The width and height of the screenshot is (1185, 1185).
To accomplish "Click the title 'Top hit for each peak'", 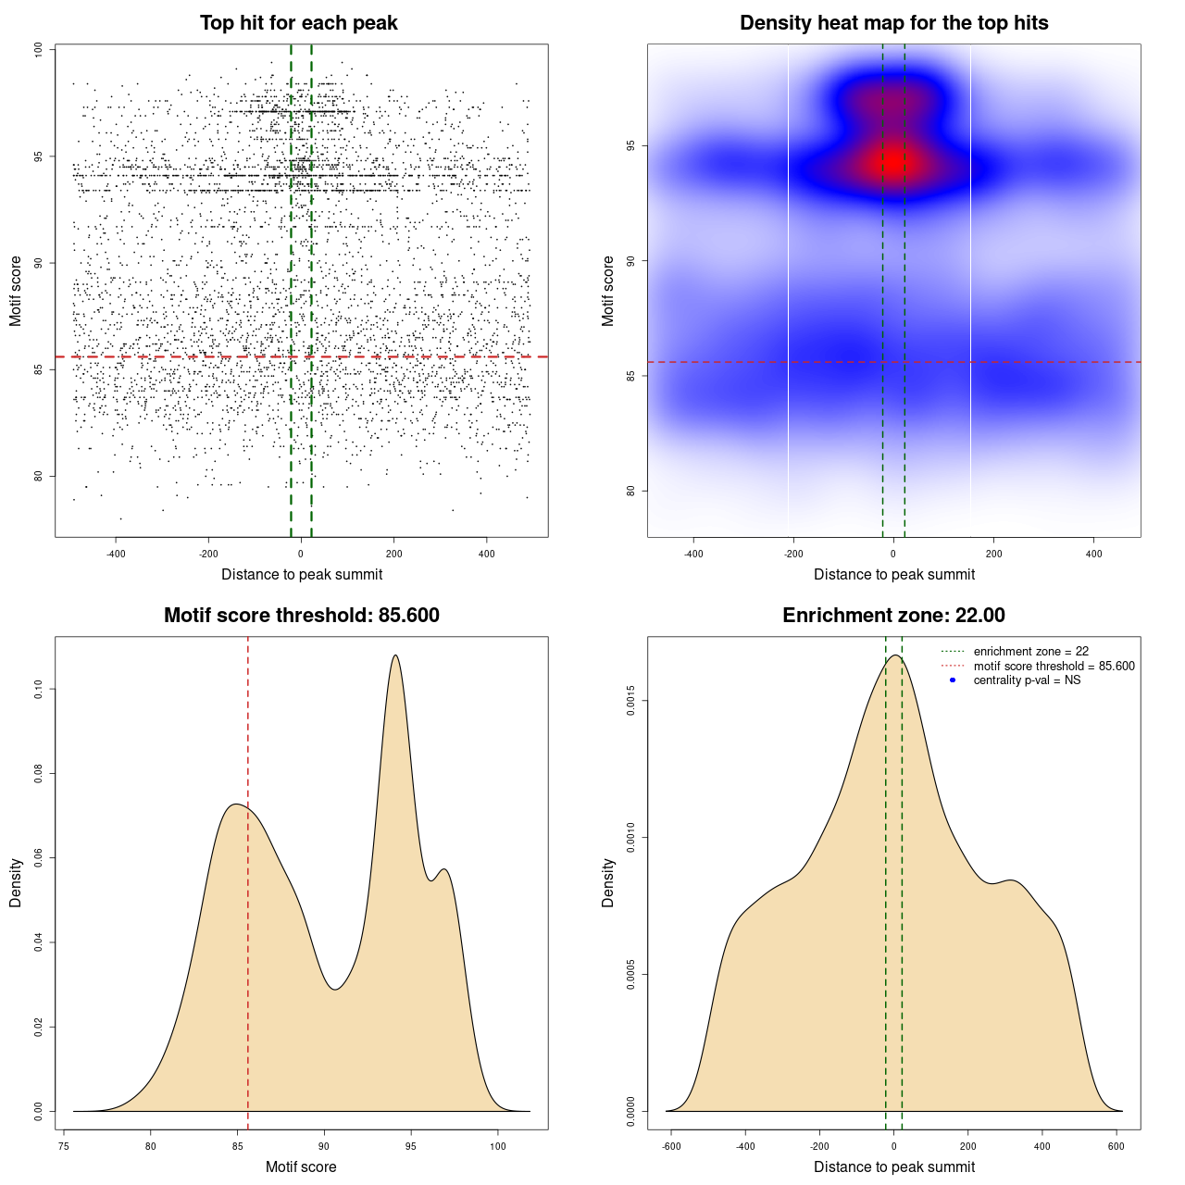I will click(x=298, y=23).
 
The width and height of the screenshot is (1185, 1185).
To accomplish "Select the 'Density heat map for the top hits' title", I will click(x=893, y=23).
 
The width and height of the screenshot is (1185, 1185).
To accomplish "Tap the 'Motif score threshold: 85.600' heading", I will click(x=301, y=616).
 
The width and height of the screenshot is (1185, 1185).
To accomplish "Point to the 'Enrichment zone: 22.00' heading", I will click(x=893, y=616).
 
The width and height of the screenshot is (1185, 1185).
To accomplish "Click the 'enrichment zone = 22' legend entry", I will click(x=1030, y=652).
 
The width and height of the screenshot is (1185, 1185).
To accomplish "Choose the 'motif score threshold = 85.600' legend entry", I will click(x=1054, y=667).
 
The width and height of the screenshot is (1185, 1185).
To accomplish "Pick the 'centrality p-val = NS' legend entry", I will click(x=1027, y=680).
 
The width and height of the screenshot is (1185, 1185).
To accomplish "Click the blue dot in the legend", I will click(x=953, y=680).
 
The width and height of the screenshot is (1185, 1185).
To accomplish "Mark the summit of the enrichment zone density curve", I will click(x=894, y=655).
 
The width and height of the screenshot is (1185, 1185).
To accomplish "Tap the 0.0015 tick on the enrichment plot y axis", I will click(x=631, y=701).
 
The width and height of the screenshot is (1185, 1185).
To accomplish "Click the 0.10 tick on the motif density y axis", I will click(x=38, y=689).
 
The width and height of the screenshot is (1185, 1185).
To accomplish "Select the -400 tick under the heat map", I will click(x=693, y=554).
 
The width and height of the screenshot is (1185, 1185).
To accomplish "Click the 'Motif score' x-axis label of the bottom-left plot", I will click(x=301, y=1166).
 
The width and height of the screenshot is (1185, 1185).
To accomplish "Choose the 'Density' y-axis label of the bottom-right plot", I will click(x=608, y=882).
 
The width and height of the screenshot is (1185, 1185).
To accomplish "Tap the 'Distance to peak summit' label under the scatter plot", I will click(x=302, y=574).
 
